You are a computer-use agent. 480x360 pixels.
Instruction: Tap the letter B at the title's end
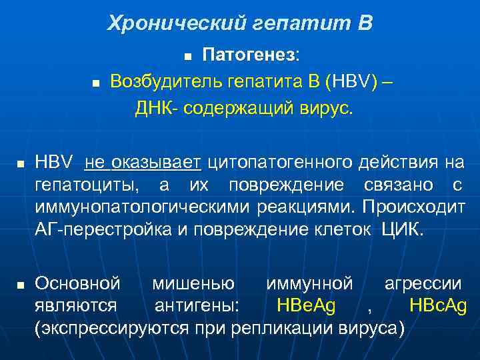(x=365, y=24)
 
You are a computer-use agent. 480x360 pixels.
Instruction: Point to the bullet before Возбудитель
(x=95, y=84)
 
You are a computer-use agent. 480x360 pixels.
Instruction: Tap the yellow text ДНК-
(x=155, y=109)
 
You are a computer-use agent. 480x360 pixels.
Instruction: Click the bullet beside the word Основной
(x=21, y=285)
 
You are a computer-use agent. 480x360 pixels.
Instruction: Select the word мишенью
(x=193, y=283)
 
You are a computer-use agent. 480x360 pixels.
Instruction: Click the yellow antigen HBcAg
(x=437, y=306)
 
